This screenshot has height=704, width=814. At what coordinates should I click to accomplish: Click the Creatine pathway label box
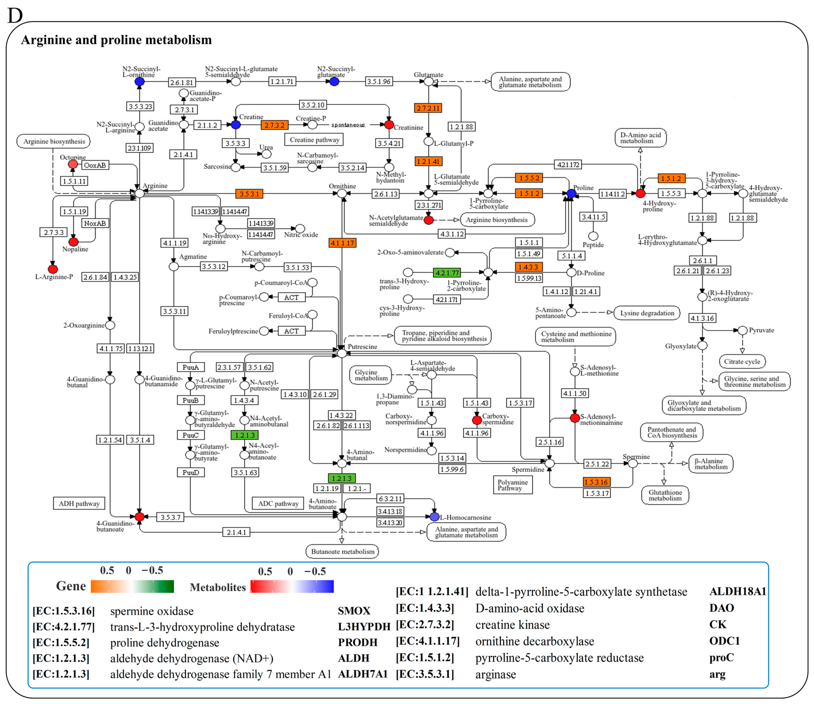tap(314, 140)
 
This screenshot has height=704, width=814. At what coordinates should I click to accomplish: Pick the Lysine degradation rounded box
tap(647, 313)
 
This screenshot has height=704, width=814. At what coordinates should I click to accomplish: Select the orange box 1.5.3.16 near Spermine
tap(596, 482)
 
